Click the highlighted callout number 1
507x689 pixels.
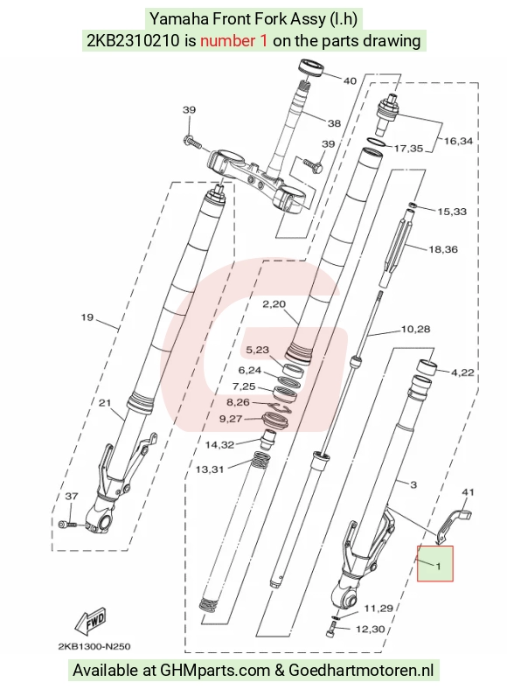click(x=438, y=566)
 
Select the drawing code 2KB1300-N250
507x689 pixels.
click(x=94, y=646)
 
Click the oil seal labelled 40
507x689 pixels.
click(x=311, y=67)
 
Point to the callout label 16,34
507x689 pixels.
click(x=458, y=141)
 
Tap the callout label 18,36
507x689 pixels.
click(x=443, y=249)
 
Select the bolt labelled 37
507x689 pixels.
click(x=66, y=525)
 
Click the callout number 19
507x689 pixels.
click(x=87, y=317)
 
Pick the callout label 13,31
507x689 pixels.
click(x=210, y=470)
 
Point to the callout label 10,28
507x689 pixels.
click(x=415, y=329)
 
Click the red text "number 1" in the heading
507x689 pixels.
click(x=233, y=41)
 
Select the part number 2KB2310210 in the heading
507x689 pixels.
click(x=133, y=41)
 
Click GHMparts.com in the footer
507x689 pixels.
click(x=215, y=671)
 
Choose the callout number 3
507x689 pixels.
click(x=413, y=484)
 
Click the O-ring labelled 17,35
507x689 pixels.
click(x=377, y=143)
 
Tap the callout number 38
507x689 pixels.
click(x=334, y=123)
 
